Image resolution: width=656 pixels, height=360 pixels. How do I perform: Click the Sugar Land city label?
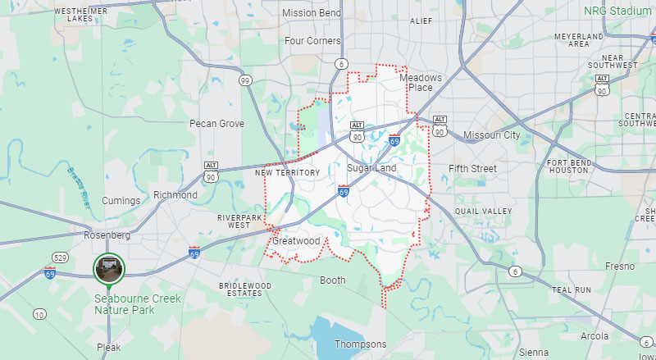tap(371, 168)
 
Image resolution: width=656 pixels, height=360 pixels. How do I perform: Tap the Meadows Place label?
tap(421, 83)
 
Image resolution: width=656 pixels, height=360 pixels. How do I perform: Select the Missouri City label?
tap(491, 134)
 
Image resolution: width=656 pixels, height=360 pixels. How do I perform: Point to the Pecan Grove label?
tap(216, 124)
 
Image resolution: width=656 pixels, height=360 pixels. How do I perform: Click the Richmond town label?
tap(175, 195)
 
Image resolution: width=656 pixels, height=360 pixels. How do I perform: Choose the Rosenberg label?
tap(108, 235)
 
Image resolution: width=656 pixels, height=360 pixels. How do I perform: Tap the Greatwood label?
tap(295, 242)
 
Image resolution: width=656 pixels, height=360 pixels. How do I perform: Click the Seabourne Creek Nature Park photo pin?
tap(108, 267)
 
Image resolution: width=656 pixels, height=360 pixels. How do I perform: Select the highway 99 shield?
tap(245, 80)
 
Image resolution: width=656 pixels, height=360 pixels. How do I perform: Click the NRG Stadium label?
tap(617, 11)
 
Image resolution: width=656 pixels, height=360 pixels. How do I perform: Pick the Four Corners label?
tap(312, 40)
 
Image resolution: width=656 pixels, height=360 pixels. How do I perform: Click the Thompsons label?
tap(360, 344)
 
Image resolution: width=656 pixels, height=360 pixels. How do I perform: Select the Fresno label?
tap(619, 267)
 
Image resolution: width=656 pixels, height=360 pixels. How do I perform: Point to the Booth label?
tap(332, 280)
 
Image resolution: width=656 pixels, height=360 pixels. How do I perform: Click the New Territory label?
tap(287, 173)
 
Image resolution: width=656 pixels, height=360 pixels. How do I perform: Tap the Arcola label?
tap(594, 336)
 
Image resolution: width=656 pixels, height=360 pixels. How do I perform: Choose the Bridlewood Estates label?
tap(245, 289)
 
